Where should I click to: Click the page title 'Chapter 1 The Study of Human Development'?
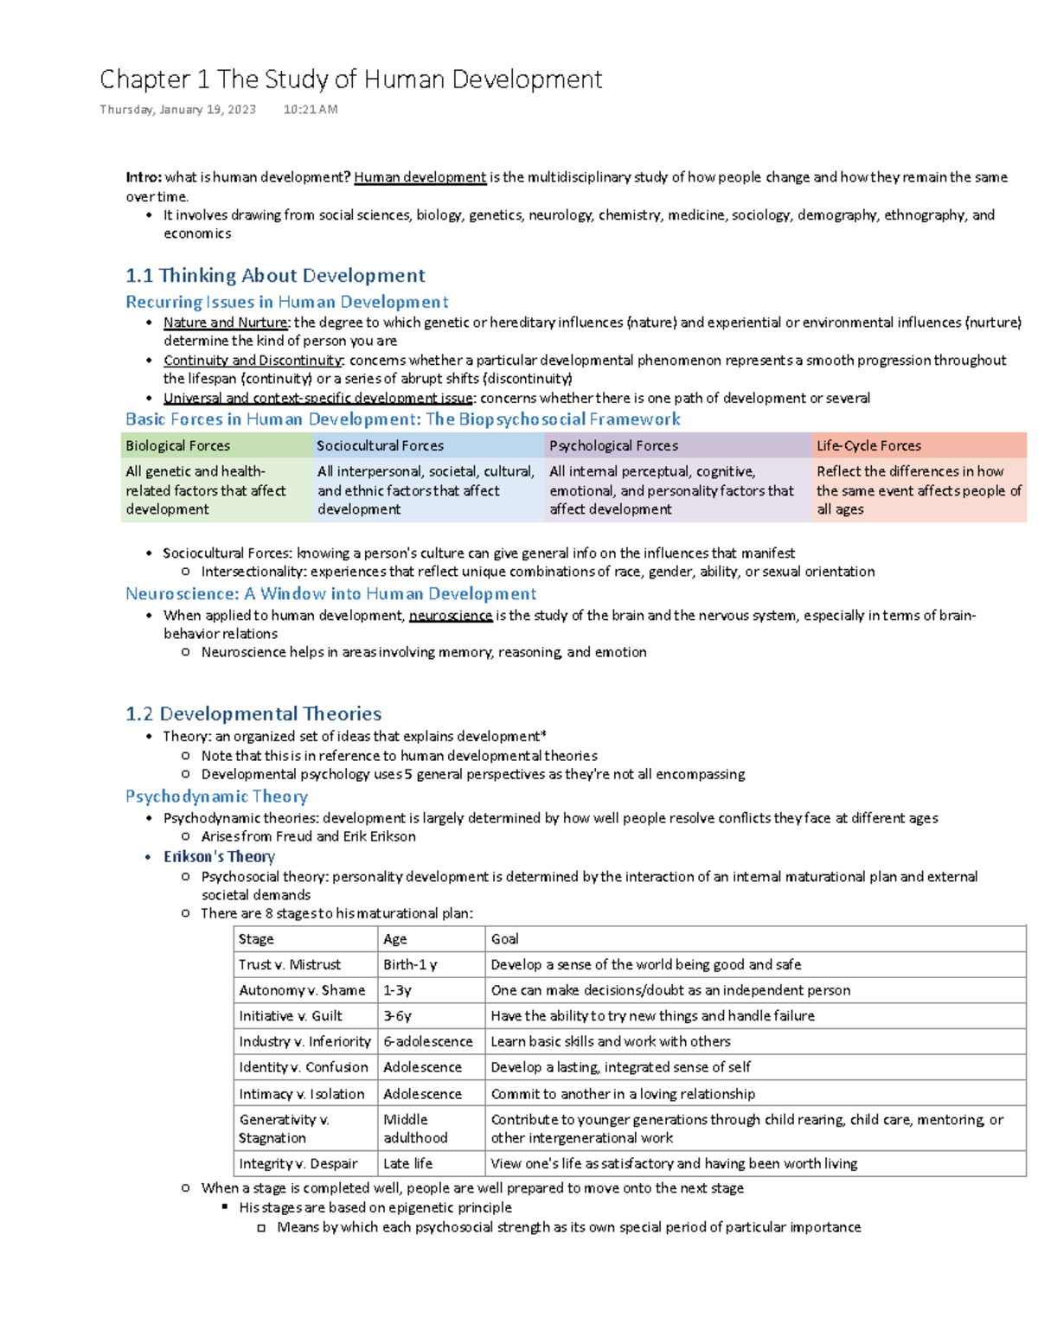(350, 80)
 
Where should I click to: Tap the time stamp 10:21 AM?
(311, 110)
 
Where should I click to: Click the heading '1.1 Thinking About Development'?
(275, 276)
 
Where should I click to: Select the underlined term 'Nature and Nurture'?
(225, 323)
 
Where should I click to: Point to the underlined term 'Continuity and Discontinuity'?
(253, 361)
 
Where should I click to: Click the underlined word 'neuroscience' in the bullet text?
(450, 616)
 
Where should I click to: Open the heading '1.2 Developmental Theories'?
(253, 714)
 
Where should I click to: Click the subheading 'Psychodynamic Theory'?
(216, 796)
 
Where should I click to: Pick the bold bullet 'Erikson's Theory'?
(219, 857)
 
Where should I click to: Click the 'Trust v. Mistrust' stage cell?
(290, 965)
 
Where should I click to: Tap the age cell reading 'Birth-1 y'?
(410, 965)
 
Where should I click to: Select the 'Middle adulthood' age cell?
(415, 1129)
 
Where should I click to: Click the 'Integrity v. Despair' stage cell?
(298, 1164)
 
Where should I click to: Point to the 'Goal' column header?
(504, 939)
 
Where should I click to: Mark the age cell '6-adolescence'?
(428, 1042)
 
